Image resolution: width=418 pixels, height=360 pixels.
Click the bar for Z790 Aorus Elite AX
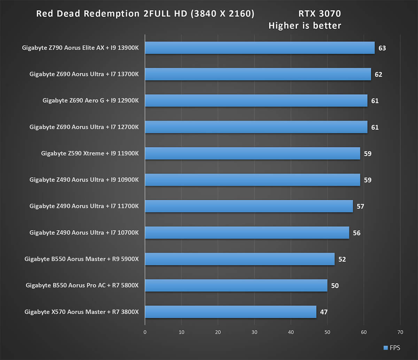(x=260, y=48)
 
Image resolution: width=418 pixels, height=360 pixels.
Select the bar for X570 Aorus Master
(x=230, y=312)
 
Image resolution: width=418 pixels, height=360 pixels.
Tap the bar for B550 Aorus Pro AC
(x=236, y=285)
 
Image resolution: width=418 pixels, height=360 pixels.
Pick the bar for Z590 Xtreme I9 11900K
(x=252, y=153)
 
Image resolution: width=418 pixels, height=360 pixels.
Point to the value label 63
(x=382, y=48)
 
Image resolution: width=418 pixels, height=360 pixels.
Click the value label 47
(x=324, y=312)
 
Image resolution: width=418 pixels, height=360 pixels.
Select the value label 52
(x=342, y=259)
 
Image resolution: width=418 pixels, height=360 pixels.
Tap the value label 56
(x=357, y=233)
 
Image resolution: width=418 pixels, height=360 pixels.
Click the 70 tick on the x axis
(x=400, y=332)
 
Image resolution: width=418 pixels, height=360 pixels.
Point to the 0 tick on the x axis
(x=145, y=332)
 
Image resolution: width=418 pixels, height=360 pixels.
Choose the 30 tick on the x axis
(x=254, y=332)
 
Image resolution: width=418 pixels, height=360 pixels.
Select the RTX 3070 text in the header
(x=319, y=14)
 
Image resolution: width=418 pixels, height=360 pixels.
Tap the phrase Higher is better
(x=305, y=25)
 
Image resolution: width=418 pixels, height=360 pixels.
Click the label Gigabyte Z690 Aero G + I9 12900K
(x=91, y=101)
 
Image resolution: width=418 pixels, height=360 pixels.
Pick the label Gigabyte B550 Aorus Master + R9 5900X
(x=82, y=259)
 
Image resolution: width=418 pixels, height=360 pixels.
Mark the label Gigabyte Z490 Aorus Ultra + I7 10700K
(x=84, y=233)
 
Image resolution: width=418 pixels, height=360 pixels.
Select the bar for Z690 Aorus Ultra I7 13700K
(x=258, y=74)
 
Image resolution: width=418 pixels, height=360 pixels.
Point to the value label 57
(x=360, y=206)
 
